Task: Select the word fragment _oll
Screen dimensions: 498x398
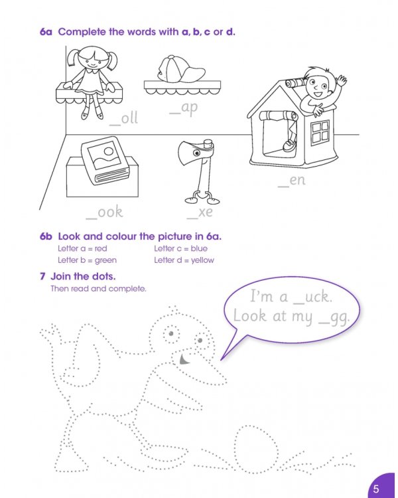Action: coord(123,118)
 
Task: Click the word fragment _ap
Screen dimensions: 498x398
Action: coord(184,109)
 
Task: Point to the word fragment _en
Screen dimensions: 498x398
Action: coord(291,179)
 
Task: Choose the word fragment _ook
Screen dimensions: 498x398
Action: coord(105,212)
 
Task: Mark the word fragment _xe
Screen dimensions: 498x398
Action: coord(200,212)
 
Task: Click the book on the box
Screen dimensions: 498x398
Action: coord(103,159)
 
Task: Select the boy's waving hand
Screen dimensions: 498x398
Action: coord(341,81)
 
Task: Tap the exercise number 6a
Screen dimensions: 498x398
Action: coord(46,32)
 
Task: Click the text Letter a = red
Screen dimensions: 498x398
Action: coord(82,249)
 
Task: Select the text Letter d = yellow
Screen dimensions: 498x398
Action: coord(184,260)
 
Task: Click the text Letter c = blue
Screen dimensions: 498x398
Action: coord(180,249)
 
